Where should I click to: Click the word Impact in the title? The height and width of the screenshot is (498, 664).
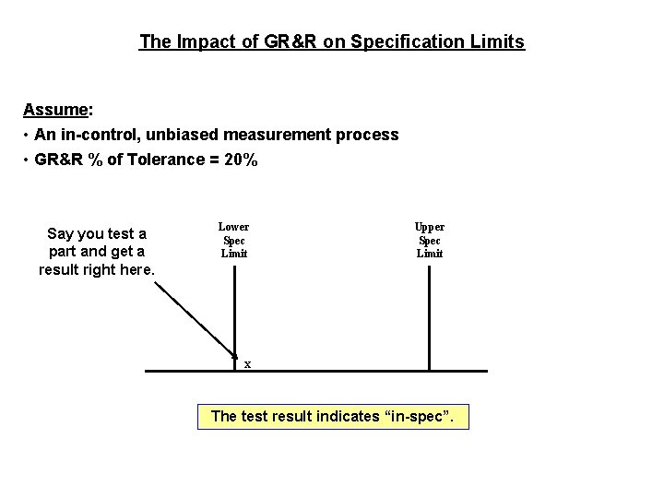(x=203, y=41)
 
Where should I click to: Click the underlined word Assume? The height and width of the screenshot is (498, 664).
(x=55, y=110)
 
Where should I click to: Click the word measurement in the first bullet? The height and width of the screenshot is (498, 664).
(x=290, y=135)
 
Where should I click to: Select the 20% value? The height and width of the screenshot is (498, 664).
(x=241, y=160)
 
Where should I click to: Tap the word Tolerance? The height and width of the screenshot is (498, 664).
(x=160, y=160)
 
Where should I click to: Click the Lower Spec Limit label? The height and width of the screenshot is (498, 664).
(x=233, y=240)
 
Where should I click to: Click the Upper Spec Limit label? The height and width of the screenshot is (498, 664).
(x=430, y=240)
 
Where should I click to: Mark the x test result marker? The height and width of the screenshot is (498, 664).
(x=247, y=364)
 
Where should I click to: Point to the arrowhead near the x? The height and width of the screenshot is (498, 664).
(x=233, y=353)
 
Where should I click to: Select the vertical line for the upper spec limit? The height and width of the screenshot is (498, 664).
(x=429, y=314)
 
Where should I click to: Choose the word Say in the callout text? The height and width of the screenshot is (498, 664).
(x=61, y=233)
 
